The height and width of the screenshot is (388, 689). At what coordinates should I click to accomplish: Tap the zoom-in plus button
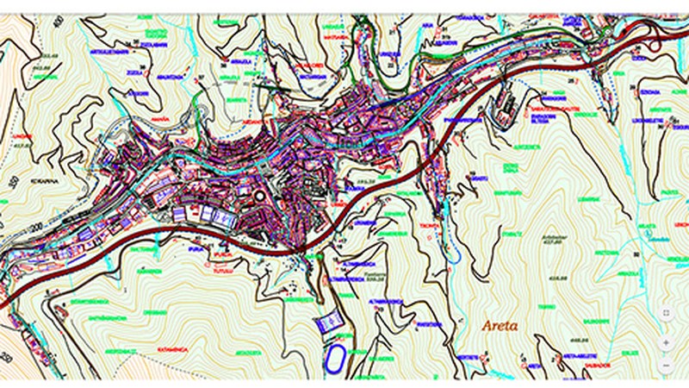click(x=666, y=342)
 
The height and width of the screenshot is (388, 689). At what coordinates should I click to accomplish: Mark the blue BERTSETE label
click(x=468, y=356)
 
